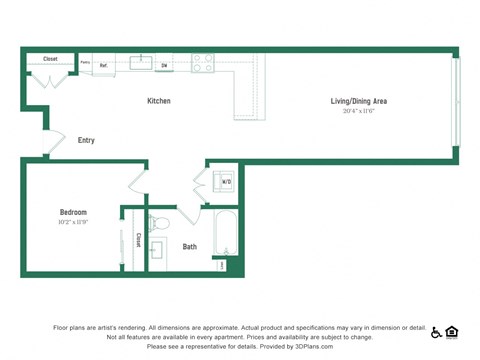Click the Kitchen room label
coord(159,101)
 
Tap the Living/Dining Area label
coord(359,101)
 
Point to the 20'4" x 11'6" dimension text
coord(359,111)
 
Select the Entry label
coord(86,140)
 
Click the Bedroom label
coord(73,212)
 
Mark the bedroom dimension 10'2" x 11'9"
coord(73,221)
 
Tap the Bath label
coord(190,246)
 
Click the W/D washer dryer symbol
coord(225,181)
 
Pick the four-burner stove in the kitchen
coord(203,62)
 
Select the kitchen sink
coord(141,63)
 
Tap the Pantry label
coord(85,62)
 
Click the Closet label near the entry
coord(50,59)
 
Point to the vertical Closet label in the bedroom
coord(138,240)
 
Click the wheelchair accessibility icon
coord(436,331)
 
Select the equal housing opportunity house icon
coord(452,331)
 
